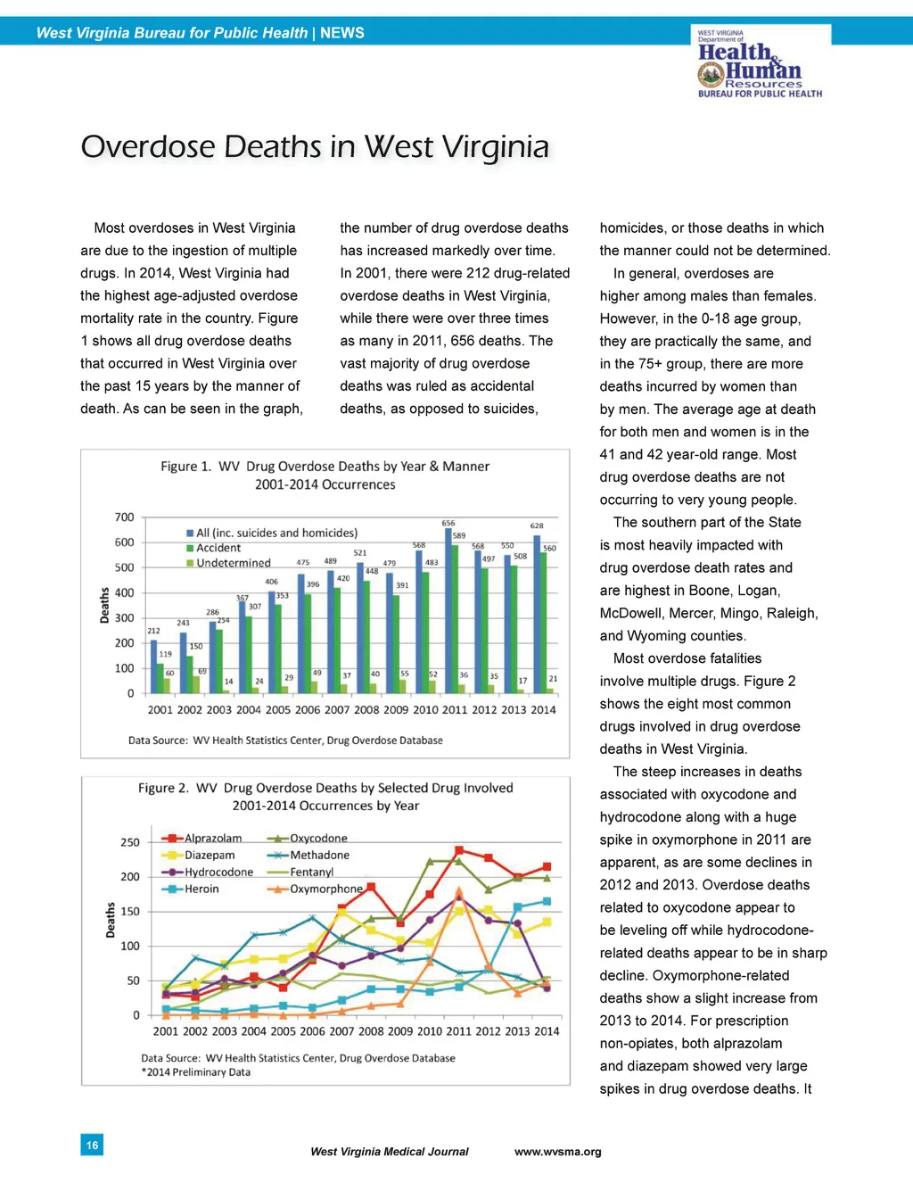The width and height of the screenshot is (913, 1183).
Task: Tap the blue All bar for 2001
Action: (153, 666)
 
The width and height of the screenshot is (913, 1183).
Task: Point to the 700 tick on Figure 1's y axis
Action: (125, 517)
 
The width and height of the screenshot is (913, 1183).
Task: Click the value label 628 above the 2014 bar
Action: (537, 526)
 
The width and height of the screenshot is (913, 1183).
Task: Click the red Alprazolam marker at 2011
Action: (459, 850)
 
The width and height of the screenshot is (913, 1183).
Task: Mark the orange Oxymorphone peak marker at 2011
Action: (459, 891)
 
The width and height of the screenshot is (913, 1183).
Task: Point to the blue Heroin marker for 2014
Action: (547, 901)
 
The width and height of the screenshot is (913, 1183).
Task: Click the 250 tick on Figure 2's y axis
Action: (130, 842)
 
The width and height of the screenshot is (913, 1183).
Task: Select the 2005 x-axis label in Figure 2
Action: (283, 1031)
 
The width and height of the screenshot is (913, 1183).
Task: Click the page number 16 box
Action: (92, 1145)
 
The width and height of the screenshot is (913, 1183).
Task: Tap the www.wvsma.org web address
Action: (558, 1152)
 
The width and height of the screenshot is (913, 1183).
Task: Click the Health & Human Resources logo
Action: (760, 63)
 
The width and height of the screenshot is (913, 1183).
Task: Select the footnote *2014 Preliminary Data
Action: (195, 1072)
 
